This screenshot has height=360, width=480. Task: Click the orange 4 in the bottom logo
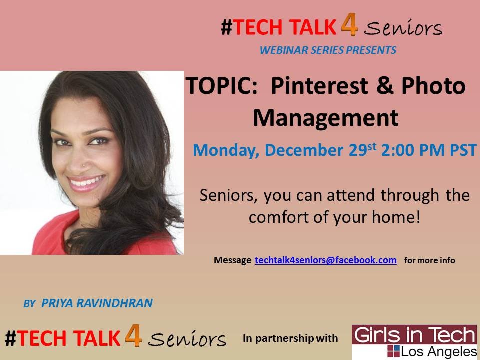click(x=133, y=336)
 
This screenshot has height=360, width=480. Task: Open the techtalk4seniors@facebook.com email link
click(x=326, y=260)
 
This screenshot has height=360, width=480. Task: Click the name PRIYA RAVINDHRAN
click(x=97, y=303)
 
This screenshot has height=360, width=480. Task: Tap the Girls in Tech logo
click(x=414, y=341)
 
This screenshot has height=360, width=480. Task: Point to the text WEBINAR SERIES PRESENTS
click(x=328, y=50)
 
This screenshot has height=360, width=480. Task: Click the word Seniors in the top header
click(x=403, y=28)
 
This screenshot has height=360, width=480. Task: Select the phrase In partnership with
click(x=290, y=338)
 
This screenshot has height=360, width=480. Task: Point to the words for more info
click(x=429, y=260)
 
